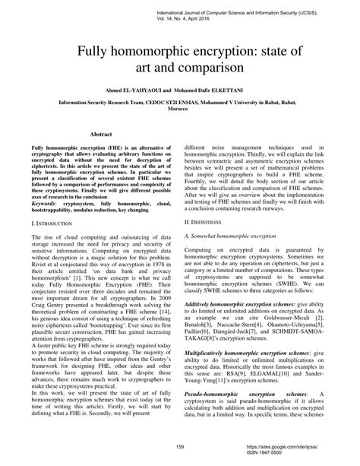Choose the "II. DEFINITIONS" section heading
pyautogui.click(x=207, y=220)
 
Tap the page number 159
pyautogui.click(x=180, y=445)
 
